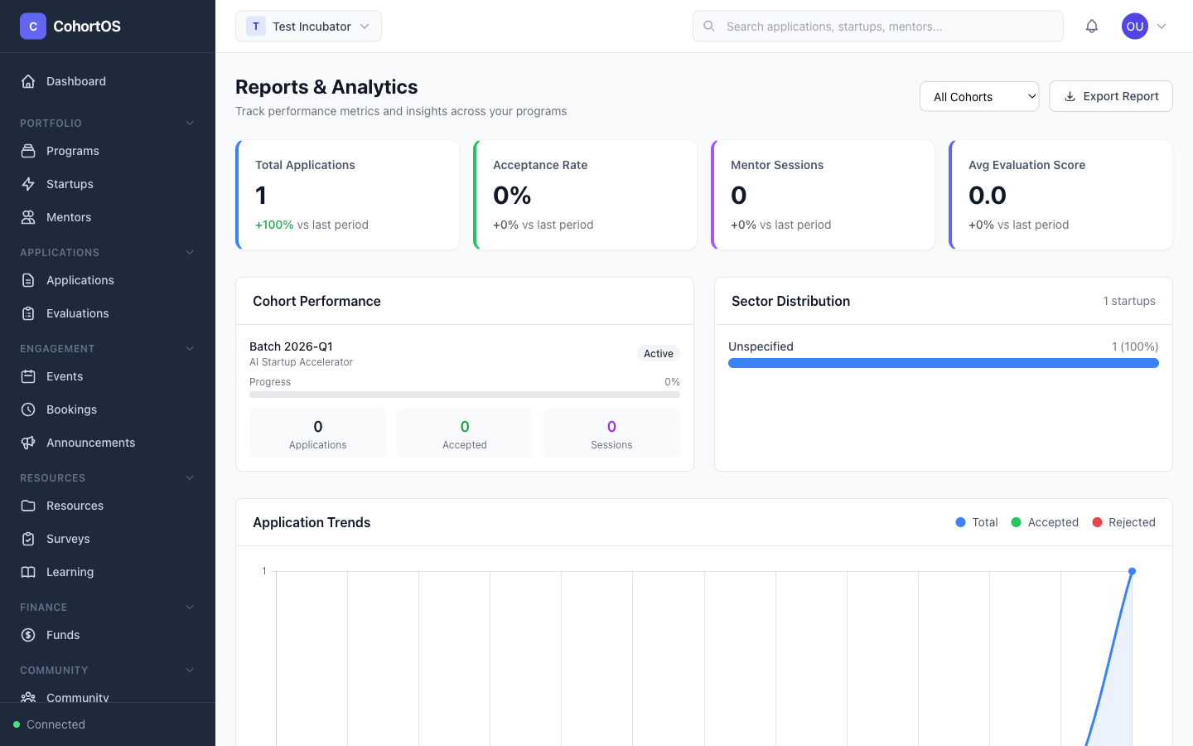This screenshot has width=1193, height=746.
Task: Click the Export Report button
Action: coord(1110,96)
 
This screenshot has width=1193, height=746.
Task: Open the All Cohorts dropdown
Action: coord(978,97)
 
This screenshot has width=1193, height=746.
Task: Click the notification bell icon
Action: coord(1091,27)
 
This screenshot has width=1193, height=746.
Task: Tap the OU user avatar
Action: coord(1134,27)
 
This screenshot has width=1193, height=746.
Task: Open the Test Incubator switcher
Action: coord(308,27)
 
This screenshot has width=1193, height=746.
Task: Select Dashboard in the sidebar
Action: coord(76,81)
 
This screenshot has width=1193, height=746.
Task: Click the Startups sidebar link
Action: coord(70,184)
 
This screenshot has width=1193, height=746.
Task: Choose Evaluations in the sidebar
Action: coord(77,313)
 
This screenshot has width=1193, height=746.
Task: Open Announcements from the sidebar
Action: coord(90,443)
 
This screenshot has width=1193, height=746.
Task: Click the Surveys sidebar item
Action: coord(68,539)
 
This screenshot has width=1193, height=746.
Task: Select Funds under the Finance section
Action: coord(63,635)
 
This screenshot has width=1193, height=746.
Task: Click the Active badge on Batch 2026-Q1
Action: coord(658,354)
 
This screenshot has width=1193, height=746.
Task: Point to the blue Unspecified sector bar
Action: coord(943,363)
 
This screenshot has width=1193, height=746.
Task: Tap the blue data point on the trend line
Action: coord(1132,571)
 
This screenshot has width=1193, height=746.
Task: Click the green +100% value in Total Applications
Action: coord(274,225)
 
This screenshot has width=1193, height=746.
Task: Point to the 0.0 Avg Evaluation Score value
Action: coord(987,196)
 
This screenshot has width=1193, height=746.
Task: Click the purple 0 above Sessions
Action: coord(611,427)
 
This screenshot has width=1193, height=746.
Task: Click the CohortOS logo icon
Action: coord(33,27)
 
